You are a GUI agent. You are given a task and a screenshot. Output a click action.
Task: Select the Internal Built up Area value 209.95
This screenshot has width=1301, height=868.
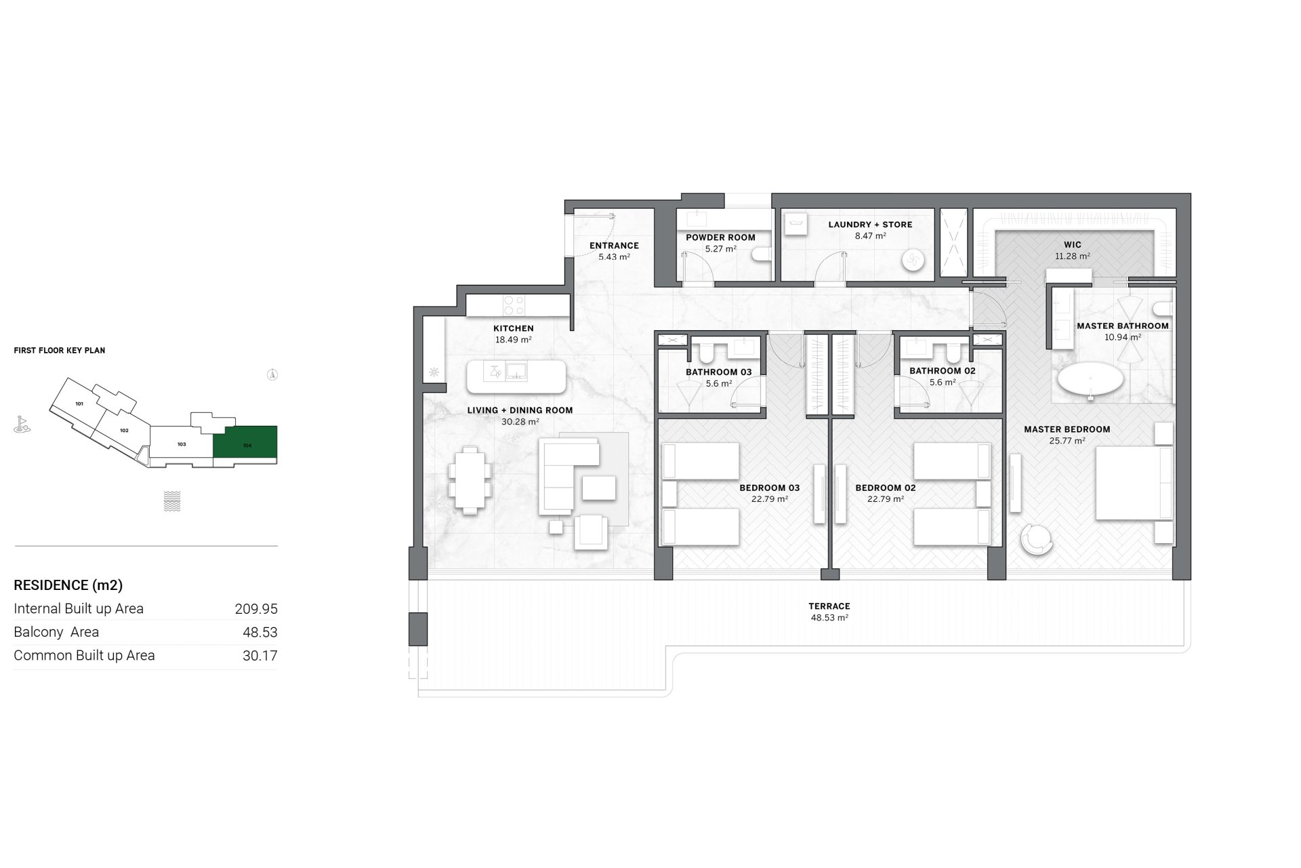(256, 609)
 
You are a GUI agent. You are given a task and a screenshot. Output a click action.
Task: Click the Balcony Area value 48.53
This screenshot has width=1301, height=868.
(260, 632)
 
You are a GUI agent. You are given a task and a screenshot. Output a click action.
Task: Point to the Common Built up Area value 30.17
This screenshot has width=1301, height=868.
(260, 656)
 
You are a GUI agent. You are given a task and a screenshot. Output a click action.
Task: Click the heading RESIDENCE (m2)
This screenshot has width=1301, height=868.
(68, 585)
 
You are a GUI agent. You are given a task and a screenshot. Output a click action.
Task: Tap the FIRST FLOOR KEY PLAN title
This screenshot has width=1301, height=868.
(60, 351)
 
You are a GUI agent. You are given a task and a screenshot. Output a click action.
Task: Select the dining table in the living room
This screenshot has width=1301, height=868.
(472, 480)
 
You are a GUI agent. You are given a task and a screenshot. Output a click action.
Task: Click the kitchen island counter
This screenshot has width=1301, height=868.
(516, 376)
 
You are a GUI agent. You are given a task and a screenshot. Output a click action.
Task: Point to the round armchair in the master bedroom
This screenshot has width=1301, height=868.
(1037, 540)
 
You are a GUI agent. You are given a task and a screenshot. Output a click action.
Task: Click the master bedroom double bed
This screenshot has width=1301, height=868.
(1134, 483)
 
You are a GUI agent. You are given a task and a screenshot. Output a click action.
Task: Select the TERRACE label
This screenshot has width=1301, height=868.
(829, 606)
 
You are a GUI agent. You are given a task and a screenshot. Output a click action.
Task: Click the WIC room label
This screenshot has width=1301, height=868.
(1073, 245)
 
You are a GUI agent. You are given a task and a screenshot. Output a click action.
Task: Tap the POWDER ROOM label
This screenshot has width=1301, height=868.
(720, 237)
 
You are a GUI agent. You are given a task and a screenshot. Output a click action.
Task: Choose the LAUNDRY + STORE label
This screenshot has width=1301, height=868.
(871, 224)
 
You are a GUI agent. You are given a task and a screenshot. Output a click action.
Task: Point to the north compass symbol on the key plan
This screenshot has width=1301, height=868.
(272, 374)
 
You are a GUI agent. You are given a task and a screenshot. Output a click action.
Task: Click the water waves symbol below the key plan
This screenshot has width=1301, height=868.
(172, 501)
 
